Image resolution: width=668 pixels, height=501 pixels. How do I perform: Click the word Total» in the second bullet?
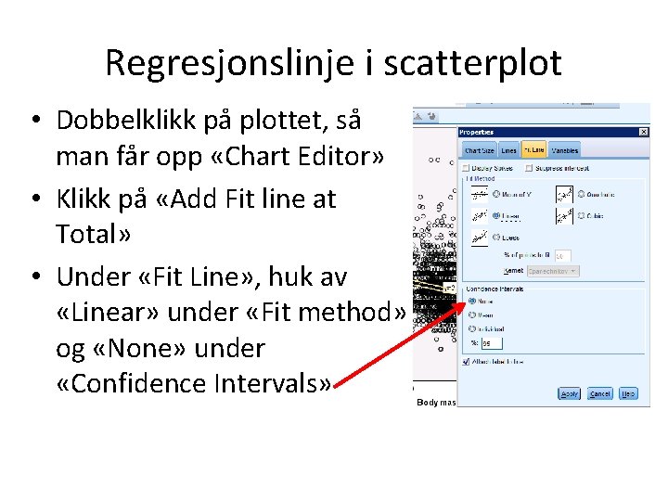(x=93, y=234)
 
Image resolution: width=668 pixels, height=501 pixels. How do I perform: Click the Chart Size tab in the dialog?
(x=479, y=150)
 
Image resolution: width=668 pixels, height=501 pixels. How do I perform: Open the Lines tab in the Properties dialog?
(x=508, y=150)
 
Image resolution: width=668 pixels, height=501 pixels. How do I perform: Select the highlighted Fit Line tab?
(x=533, y=150)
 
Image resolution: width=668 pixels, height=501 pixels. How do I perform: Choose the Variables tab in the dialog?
(x=564, y=150)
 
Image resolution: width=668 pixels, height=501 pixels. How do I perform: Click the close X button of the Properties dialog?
(x=644, y=132)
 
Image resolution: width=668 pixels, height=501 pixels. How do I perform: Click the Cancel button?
(x=600, y=393)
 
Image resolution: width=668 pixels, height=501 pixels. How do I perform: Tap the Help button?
(x=628, y=393)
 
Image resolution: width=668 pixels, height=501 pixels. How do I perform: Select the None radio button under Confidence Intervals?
(x=472, y=301)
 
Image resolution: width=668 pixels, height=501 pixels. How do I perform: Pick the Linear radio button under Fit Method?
(x=496, y=216)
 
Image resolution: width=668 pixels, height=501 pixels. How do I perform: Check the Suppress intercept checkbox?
(x=528, y=168)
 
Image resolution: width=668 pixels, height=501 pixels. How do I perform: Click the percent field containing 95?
(x=486, y=343)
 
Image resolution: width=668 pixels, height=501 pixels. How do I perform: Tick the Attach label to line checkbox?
(x=466, y=361)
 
